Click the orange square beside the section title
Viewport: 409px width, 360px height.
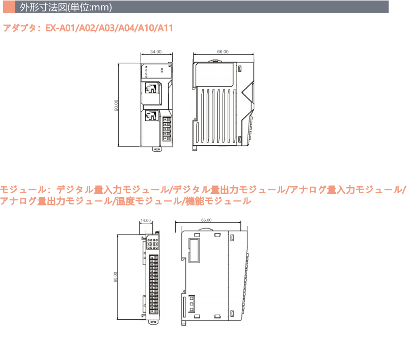8,7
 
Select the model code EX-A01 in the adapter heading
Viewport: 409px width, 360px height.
60,28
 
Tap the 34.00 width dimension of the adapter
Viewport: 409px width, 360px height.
156,52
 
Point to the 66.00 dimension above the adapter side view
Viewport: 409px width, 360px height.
223,52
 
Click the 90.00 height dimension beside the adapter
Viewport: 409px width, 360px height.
116,105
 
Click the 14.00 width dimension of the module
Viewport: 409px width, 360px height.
145,220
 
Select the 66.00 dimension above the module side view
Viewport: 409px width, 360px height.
206,220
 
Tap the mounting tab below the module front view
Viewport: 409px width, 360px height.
152,321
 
